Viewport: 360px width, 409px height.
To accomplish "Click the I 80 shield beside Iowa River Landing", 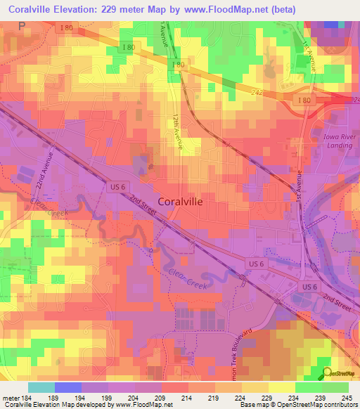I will pos(304,101).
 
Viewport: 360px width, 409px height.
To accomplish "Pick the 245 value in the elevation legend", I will pos(349,398).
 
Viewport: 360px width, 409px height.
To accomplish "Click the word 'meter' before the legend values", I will pos(11,398).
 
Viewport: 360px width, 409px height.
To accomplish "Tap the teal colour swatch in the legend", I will pos(41,387).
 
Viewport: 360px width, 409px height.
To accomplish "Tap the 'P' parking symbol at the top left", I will pos(20,25).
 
